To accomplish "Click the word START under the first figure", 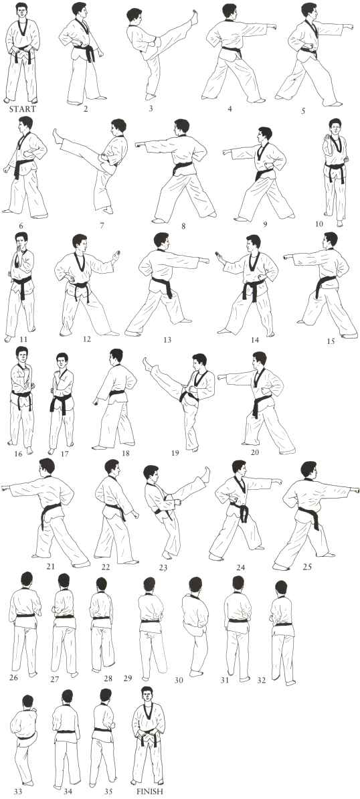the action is (22, 108).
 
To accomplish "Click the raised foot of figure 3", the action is (193, 17).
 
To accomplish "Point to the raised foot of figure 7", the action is (58, 137).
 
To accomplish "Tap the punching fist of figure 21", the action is (5, 488).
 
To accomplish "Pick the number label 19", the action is (175, 452).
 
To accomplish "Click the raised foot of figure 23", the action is (206, 474).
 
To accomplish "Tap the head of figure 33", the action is (27, 702).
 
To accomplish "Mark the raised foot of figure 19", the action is (148, 363).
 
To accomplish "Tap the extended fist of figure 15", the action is (288, 257).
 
